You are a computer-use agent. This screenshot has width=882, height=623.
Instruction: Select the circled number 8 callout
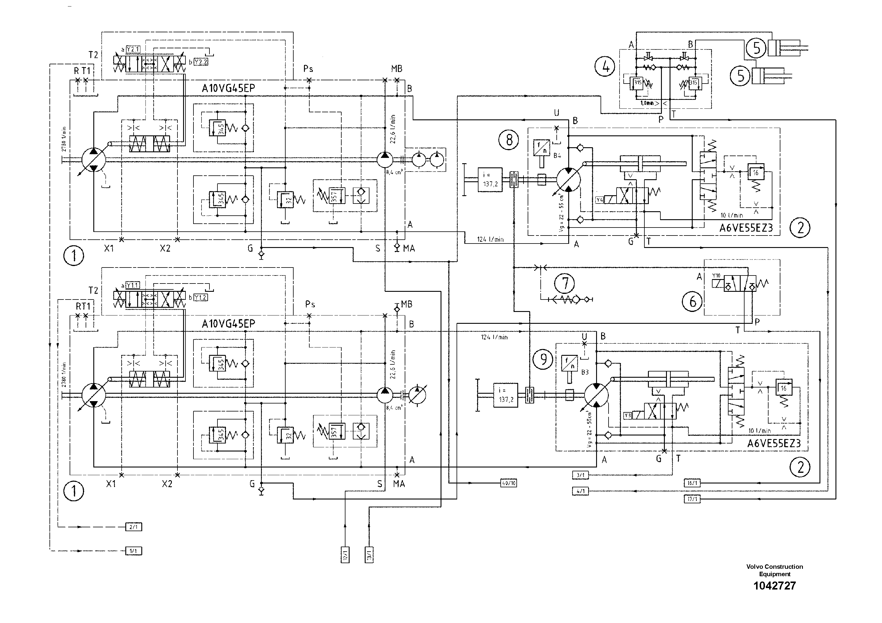509,140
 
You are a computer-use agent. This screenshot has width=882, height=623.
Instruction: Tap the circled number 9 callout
543,359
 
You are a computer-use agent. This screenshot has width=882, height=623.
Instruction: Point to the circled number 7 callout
565,284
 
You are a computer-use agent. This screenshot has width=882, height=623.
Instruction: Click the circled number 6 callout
692,302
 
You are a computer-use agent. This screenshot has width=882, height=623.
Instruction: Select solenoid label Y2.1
133,49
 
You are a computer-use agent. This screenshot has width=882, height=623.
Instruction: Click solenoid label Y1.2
201,297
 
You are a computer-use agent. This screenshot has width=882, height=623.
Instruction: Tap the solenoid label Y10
716,276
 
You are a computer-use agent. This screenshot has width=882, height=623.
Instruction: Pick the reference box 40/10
509,483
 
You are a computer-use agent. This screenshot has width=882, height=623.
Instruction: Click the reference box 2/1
134,527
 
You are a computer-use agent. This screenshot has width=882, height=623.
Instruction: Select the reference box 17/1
692,499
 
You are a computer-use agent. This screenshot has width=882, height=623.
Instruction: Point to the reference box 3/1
580,475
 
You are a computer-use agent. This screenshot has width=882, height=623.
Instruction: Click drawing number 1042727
774,586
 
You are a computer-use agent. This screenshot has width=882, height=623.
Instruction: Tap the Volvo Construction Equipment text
774,570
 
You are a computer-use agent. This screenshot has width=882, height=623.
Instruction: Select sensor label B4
557,156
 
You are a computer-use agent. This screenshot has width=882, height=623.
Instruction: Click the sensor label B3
585,372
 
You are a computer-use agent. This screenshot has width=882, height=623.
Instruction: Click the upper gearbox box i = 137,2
490,180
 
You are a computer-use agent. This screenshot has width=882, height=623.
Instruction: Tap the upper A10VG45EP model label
228,88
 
